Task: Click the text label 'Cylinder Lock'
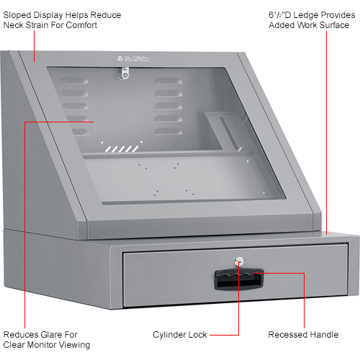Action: tap(180, 335)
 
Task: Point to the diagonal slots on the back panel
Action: tap(119, 148)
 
